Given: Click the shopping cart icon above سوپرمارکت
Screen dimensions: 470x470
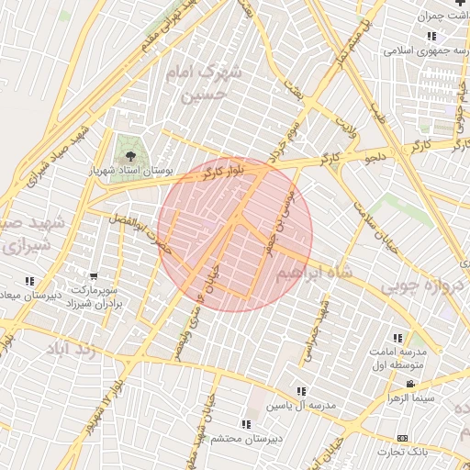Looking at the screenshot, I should point(94,275).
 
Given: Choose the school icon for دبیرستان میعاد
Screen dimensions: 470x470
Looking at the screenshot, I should point(29,281).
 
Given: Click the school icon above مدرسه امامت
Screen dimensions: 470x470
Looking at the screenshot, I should point(397,338).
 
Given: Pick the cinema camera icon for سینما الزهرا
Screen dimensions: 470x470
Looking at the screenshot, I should point(410,383).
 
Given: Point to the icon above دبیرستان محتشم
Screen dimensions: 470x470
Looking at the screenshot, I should point(246,424).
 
